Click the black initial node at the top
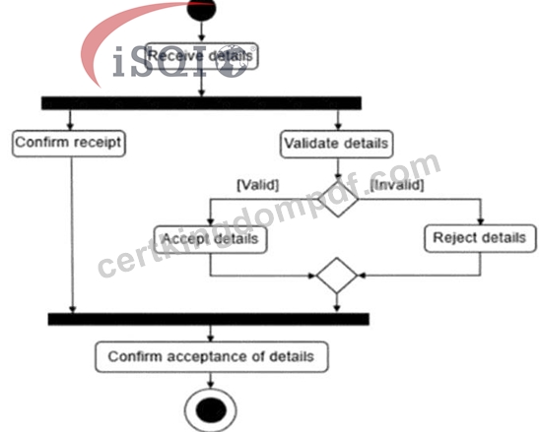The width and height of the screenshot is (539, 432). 202,9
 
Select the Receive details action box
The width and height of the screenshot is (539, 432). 202,56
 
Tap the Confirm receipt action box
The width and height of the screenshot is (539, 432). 69,144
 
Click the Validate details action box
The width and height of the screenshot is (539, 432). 337,144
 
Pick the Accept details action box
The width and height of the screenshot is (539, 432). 210,239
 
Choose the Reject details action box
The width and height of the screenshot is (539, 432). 480,238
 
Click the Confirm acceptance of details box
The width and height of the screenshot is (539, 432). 212,357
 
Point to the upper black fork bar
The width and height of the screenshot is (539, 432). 201,103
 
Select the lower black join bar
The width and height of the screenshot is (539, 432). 209,319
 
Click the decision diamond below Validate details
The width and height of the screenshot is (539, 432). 338,199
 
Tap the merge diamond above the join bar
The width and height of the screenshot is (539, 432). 337,276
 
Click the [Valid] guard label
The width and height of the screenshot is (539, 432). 258,185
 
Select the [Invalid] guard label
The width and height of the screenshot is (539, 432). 397,185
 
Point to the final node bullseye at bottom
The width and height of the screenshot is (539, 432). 211,410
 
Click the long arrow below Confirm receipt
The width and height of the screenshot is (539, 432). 72,235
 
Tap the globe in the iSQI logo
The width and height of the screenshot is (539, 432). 235,61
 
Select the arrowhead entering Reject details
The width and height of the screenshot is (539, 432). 481,221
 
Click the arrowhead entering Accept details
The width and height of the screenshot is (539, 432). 210,222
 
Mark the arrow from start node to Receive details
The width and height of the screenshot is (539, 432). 202,31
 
